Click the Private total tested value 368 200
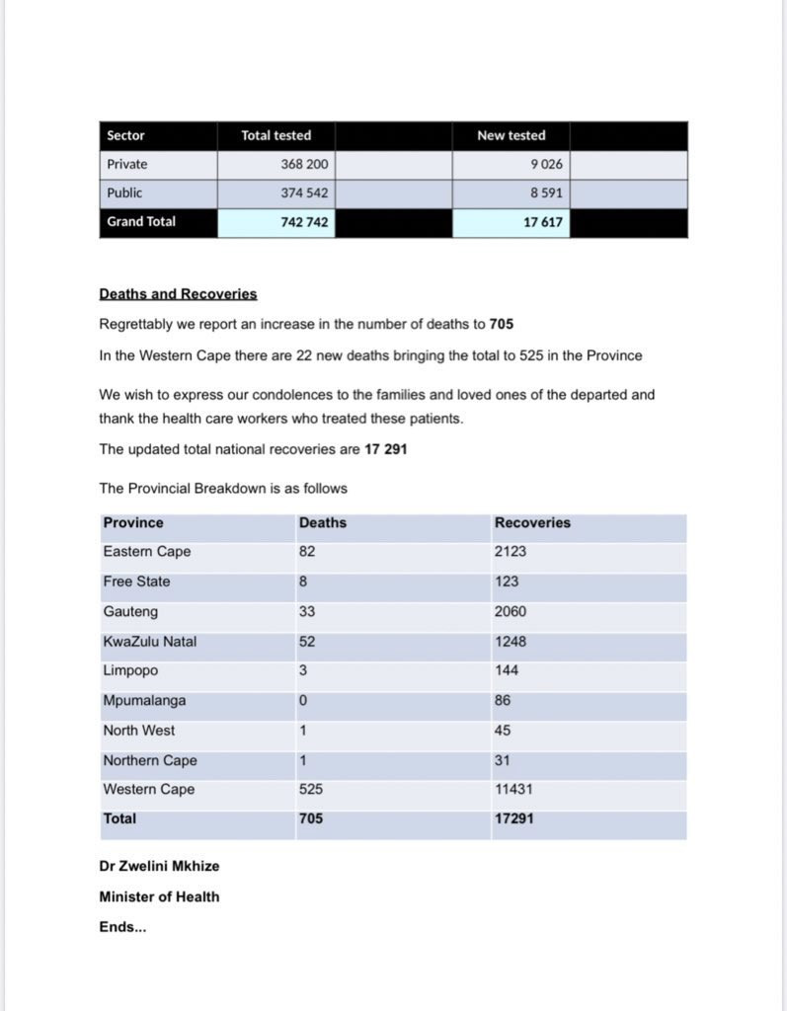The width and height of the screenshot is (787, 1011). (305, 165)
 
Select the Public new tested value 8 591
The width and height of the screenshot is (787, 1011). (546, 194)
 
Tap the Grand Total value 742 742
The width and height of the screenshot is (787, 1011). (305, 222)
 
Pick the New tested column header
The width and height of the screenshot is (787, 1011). (511, 135)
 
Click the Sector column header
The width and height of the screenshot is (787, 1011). (125, 135)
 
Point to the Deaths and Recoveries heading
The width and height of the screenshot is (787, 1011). (178, 294)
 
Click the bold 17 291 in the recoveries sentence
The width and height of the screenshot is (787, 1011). (386, 449)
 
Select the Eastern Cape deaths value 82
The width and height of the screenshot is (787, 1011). (307, 552)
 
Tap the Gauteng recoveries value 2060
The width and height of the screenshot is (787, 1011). (511, 611)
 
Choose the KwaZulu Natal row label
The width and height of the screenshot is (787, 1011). (149, 642)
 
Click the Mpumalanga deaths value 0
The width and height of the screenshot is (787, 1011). (303, 701)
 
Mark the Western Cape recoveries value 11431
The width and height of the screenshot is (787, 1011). (513, 790)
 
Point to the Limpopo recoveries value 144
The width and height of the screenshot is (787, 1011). (507, 671)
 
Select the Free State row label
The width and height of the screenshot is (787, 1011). (136, 582)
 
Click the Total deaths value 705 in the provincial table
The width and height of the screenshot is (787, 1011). (310, 818)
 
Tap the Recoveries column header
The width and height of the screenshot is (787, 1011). (532, 522)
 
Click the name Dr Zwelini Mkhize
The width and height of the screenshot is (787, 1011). (159, 866)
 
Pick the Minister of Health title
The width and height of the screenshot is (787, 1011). (159, 896)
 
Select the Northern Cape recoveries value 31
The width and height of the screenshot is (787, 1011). (503, 760)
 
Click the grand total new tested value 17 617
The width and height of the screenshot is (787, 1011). (543, 222)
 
